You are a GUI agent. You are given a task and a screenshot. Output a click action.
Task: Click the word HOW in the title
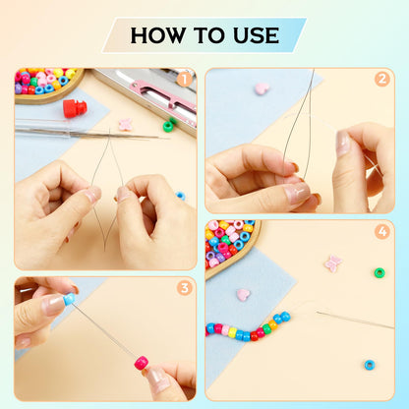157,35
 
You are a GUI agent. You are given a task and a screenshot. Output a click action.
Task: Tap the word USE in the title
256,35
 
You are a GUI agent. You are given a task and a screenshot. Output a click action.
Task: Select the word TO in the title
208,35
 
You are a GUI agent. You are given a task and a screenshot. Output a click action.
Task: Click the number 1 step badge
184,80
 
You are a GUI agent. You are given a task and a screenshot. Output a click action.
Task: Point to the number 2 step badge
382,79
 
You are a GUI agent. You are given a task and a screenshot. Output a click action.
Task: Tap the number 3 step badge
185,288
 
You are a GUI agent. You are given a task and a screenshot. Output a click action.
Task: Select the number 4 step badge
382,232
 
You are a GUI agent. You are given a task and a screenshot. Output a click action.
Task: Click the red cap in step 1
75,108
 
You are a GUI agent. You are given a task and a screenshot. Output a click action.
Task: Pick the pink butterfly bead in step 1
126,125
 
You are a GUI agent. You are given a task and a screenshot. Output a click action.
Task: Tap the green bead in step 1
168,126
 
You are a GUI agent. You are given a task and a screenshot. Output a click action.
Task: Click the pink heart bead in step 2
262,88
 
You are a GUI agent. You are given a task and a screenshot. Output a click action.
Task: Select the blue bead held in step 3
69,299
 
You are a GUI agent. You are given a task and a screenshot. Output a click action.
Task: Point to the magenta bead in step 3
142,363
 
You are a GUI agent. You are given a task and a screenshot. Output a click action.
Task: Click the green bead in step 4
380,272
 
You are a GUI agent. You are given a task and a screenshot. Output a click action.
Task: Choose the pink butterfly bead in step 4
333,263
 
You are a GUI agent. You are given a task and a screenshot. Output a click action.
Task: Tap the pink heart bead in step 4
243,294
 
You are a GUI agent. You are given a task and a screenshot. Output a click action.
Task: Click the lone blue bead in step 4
370,365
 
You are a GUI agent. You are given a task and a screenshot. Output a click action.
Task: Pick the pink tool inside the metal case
163,95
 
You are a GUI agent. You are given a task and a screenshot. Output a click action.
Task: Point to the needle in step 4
355,320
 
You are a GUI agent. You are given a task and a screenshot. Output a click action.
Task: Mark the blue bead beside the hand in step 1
180,196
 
